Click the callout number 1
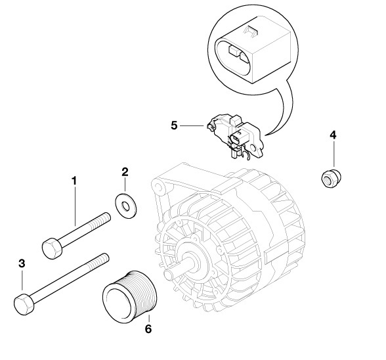point(74,181)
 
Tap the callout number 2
point(125,171)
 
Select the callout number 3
point(22,263)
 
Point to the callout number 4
point(333,135)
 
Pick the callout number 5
point(174,125)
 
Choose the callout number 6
point(148,328)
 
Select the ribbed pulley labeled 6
point(130,297)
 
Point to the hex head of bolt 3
point(24,304)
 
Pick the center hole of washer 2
point(126,206)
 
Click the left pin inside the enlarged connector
point(233,51)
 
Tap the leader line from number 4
point(333,154)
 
